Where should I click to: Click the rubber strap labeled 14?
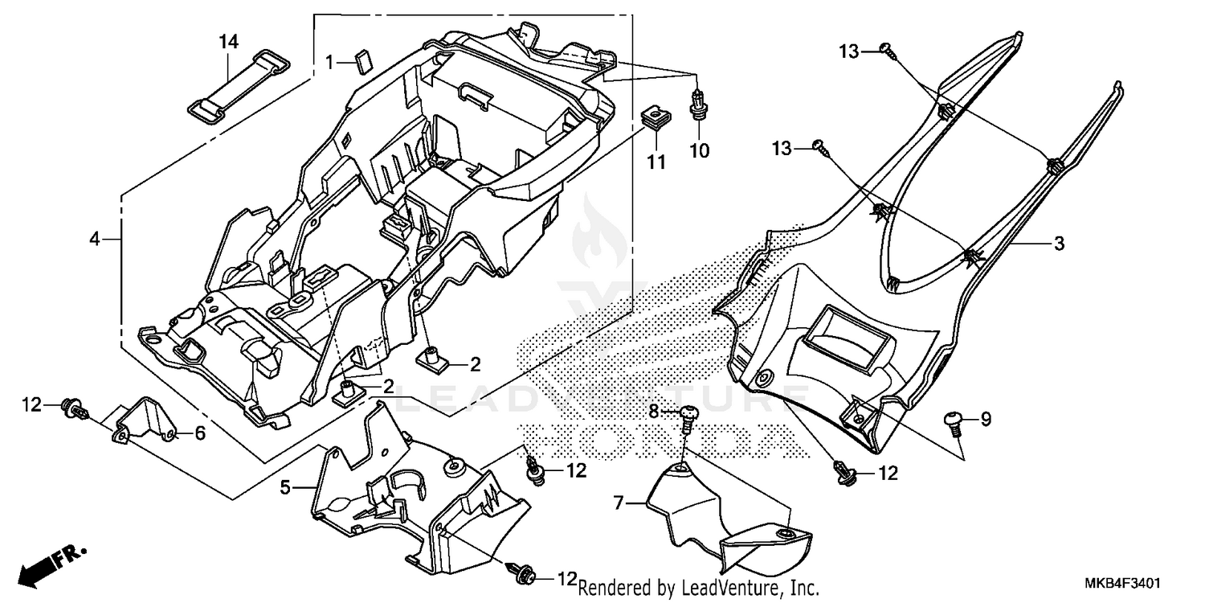tap(239, 87)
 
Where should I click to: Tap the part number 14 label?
tap(229, 42)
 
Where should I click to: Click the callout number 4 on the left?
tap(95, 239)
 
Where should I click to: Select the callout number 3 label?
tap(1059, 244)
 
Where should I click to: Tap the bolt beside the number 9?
tap(954, 420)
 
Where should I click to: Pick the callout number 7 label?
tap(618, 504)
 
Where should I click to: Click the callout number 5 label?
tap(284, 486)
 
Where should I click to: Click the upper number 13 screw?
tap(888, 50)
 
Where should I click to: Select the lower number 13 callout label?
tap(782, 149)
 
